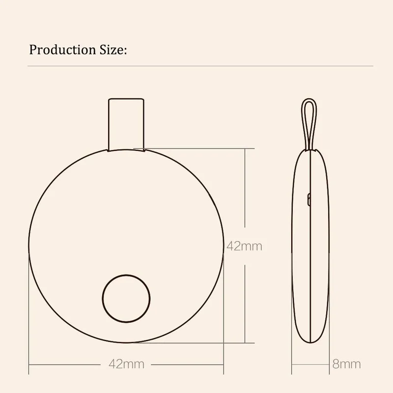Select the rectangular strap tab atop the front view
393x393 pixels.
click(x=126, y=123)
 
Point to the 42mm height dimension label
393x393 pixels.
click(x=244, y=246)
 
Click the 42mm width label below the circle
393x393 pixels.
click(x=126, y=364)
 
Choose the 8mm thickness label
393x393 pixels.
click(x=346, y=364)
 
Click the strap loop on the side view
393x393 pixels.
click(x=309, y=123)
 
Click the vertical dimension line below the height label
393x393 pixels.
click(x=245, y=300)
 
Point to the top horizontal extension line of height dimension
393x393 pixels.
click(x=196, y=147)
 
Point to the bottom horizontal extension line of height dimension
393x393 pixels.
click(x=196, y=342)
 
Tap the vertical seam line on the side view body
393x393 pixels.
click(x=310, y=246)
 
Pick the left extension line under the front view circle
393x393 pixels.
click(x=28, y=319)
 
